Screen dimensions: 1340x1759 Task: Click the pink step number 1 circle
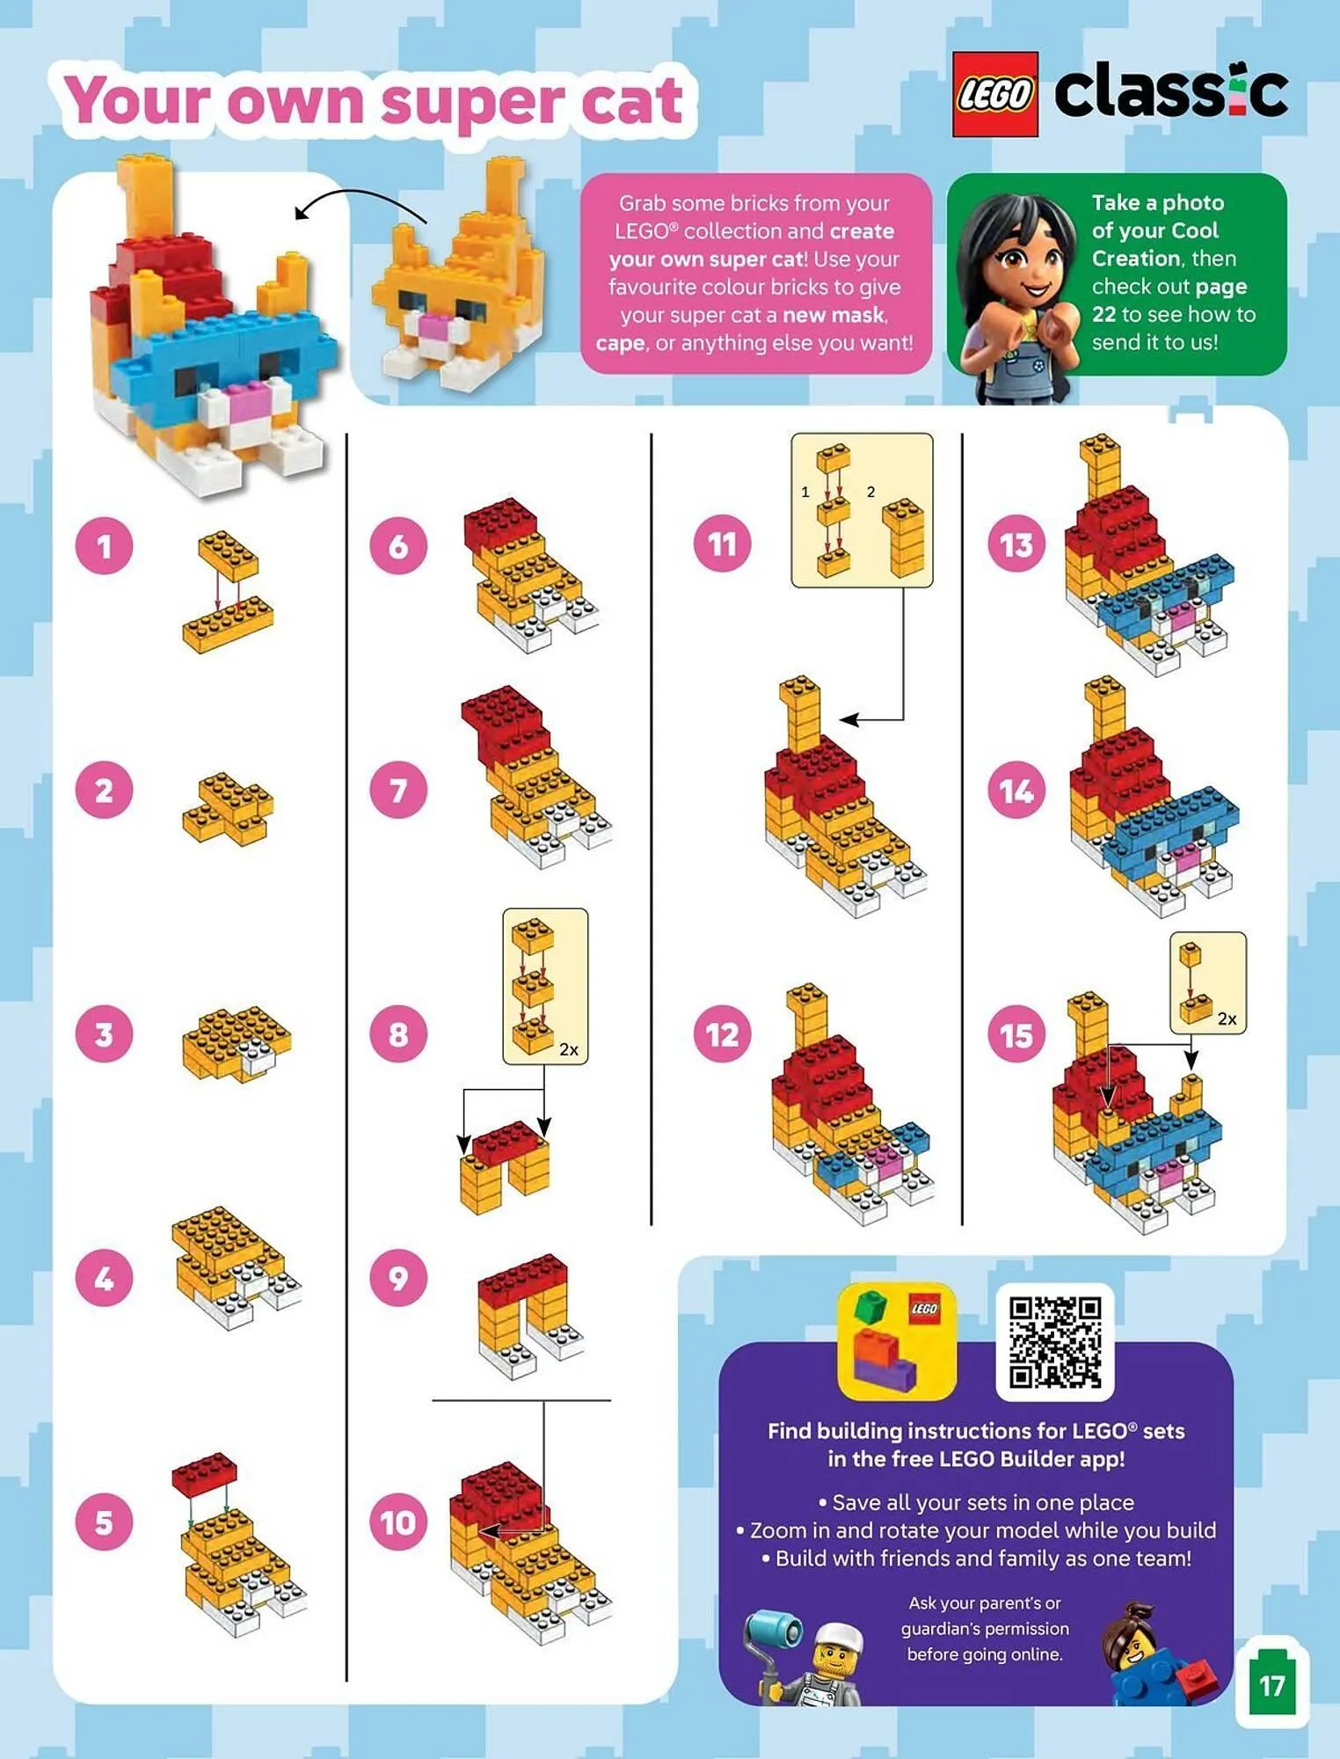click(104, 545)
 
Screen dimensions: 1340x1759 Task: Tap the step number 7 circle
click(398, 790)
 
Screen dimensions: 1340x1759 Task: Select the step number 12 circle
click(722, 1034)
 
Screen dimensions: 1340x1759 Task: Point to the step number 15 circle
click(1016, 1034)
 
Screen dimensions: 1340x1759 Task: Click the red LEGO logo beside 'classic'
click(995, 94)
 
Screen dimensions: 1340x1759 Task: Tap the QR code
click(1054, 1342)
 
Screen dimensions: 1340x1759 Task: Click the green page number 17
click(1272, 1685)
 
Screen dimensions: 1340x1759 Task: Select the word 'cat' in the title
click(631, 102)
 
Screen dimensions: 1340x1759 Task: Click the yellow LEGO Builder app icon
click(897, 1340)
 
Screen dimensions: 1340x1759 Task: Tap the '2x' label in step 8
click(569, 1049)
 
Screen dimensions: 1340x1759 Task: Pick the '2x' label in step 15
click(1227, 1018)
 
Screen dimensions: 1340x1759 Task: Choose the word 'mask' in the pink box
click(859, 316)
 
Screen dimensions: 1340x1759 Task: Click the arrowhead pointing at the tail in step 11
click(848, 719)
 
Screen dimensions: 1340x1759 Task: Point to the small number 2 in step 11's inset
click(870, 492)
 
